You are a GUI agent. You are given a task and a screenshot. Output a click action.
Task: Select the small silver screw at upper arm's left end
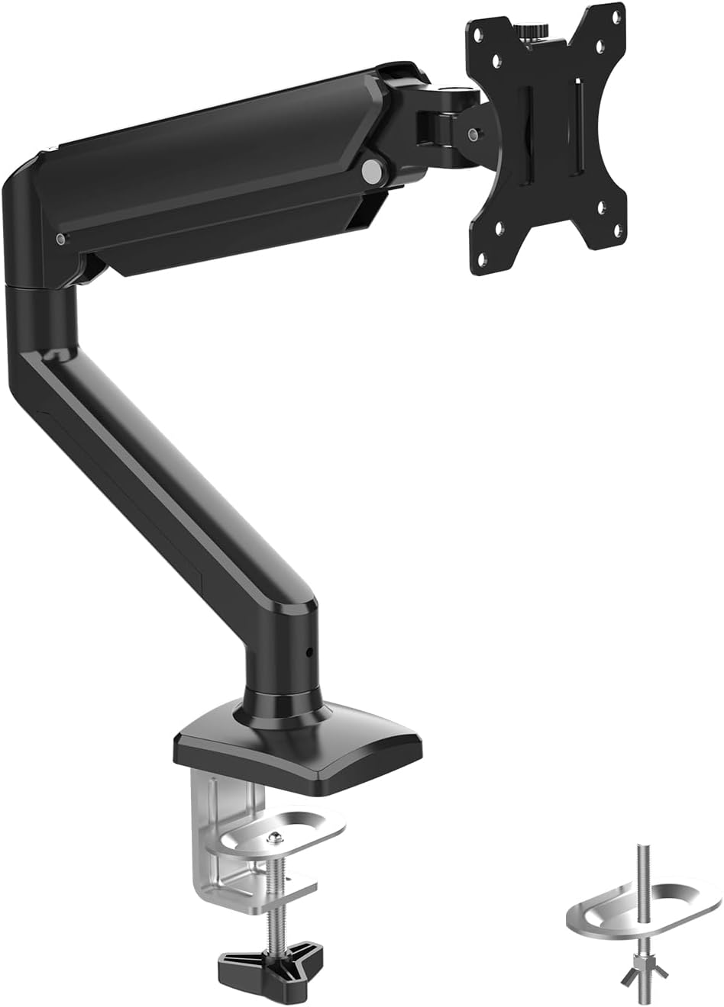(x=60, y=240)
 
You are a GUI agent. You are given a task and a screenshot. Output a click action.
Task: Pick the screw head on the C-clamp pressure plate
(x=273, y=838)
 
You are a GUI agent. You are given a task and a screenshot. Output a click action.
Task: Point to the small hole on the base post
(x=309, y=652)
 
